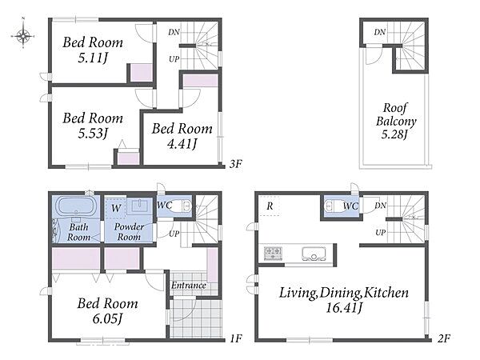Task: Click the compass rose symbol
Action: click(x=23, y=36)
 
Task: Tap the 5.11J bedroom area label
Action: click(x=93, y=58)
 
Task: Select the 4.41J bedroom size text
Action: click(x=182, y=143)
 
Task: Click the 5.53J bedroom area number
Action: click(x=93, y=133)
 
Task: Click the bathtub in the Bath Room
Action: click(x=76, y=206)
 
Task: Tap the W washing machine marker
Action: click(x=116, y=209)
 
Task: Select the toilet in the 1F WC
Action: click(x=183, y=206)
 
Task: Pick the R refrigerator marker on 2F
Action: click(x=270, y=206)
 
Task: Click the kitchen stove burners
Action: click(x=273, y=253)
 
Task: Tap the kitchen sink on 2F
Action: click(x=313, y=254)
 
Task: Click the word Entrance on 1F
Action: click(x=188, y=286)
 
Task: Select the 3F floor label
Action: click(x=236, y=164)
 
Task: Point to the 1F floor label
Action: click(x=235, y=338)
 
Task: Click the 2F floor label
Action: click(x=444, y=338)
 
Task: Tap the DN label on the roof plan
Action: click(x=379, y=32)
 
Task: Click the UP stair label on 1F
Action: click(x=174, y=234)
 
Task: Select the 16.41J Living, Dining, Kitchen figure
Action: click(x=344, y=307)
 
